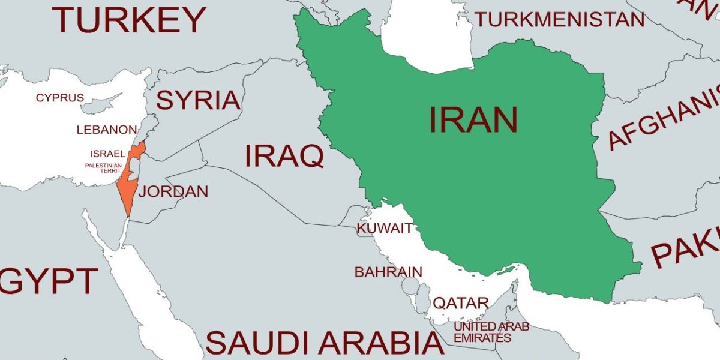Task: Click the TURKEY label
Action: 128,19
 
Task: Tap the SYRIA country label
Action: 198,100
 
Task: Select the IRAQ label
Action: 284,156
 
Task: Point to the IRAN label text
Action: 473,120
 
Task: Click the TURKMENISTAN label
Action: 559,20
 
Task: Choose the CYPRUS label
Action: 60,98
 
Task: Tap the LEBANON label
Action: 107,130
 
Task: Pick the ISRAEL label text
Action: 108,154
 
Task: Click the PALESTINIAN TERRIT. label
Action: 103,168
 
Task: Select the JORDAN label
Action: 173,192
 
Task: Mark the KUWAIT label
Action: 385,229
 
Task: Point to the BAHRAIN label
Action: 388,272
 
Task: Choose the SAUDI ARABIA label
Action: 324,343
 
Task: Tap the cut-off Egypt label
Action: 48,281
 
